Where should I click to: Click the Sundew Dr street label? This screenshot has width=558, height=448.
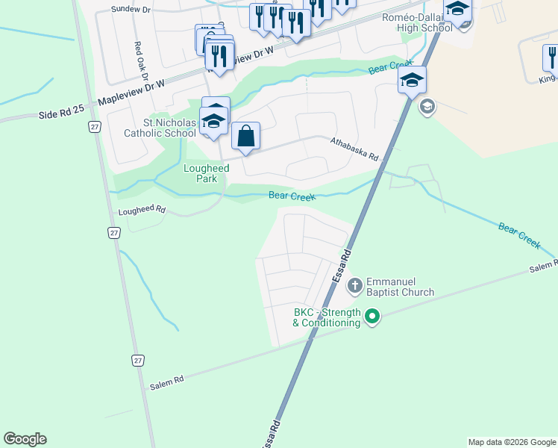[131, 9]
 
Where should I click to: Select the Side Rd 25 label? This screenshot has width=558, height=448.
[58, 116]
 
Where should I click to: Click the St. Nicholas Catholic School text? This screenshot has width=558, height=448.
[160, 128]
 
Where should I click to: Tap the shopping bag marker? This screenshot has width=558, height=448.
[245, 137]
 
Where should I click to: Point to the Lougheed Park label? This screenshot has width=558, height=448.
[206, 173]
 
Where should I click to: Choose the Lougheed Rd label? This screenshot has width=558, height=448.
[141, 211]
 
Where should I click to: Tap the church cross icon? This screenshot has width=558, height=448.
[354, 284]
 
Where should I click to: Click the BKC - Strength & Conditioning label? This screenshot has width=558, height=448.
[326, 317]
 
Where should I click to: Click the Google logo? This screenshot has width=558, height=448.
[25, 439]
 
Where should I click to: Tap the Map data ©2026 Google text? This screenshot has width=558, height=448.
[511, 442]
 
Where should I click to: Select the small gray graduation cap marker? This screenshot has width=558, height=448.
[427, 107]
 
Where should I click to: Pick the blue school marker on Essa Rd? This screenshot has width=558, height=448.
[412, 81]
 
